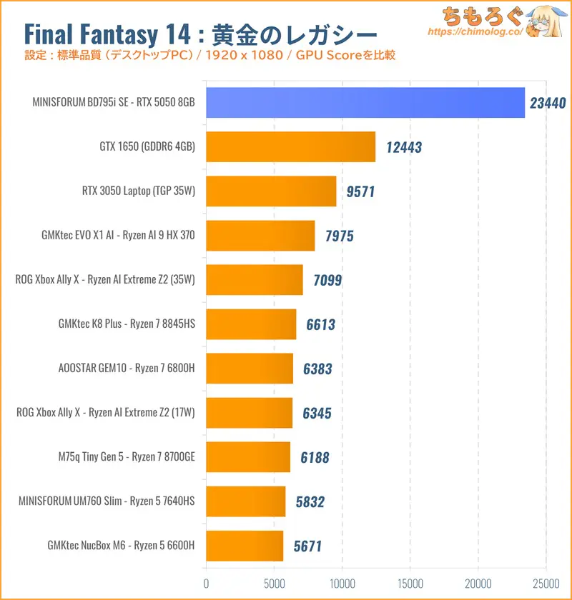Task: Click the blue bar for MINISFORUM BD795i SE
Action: coord(365,102)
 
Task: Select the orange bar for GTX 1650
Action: coord(290,146)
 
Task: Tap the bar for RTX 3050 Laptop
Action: coord(271,191)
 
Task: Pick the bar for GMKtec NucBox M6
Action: coord(245,546)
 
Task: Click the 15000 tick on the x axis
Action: coord(410,582)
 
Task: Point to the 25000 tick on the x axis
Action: coord(546,582)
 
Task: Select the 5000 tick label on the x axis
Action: coord(275,582)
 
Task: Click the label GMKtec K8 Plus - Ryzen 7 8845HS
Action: coord(127,324)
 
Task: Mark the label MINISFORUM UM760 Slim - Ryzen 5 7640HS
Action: coord(107,501)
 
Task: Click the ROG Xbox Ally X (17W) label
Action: coord(105,413)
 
